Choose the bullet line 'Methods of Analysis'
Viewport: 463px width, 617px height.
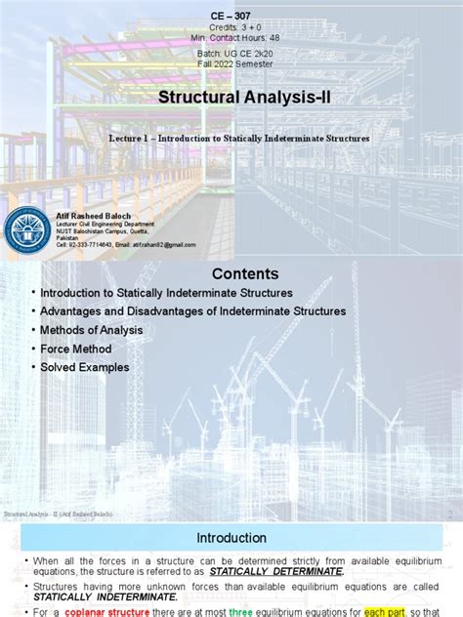pos(91,330)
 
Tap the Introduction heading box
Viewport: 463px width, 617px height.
pos(231,537)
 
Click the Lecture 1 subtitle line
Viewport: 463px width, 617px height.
pos(239,139)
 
